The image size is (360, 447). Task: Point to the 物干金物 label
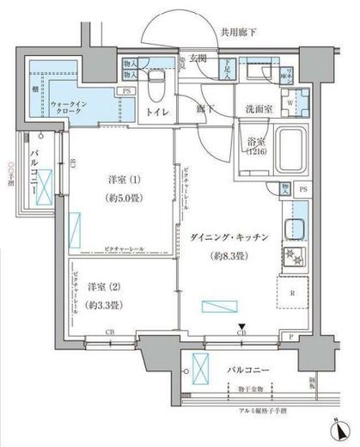pos(250,389)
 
